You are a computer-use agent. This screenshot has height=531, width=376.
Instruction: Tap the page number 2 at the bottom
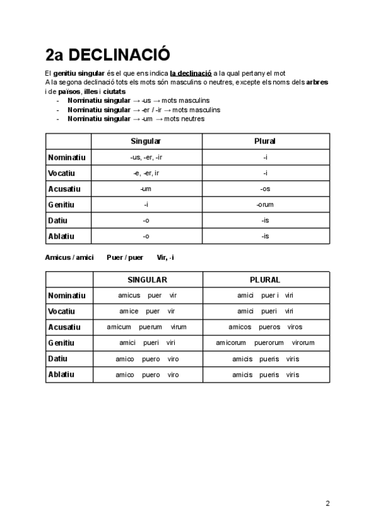[328, 503]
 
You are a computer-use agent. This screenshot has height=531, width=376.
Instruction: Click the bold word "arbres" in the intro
[316, 82]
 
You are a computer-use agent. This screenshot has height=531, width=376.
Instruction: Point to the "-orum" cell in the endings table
[265, 205]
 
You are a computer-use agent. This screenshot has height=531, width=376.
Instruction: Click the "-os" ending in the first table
[265, 188]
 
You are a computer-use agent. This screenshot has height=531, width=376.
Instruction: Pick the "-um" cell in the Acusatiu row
[145, 188]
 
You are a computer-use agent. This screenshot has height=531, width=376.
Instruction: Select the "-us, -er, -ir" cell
[145, 157]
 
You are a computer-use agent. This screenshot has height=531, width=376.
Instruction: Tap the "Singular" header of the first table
[145, 141]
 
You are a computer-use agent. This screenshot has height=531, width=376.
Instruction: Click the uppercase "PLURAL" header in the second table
[265, 280]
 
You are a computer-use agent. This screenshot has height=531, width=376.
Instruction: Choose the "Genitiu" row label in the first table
[61, 205]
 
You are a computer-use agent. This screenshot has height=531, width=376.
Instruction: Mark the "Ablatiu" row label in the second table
[61, 374]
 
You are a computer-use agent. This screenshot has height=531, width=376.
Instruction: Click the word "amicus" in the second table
[129, 296]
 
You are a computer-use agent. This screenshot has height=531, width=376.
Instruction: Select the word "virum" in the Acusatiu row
[178, 327]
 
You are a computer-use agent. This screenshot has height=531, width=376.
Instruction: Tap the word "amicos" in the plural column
[240, 327]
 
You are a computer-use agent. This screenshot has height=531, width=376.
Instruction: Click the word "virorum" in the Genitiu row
[303, 343]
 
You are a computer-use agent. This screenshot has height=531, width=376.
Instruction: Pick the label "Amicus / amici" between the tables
[70, 257]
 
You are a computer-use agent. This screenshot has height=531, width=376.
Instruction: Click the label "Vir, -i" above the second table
[165, 257]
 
